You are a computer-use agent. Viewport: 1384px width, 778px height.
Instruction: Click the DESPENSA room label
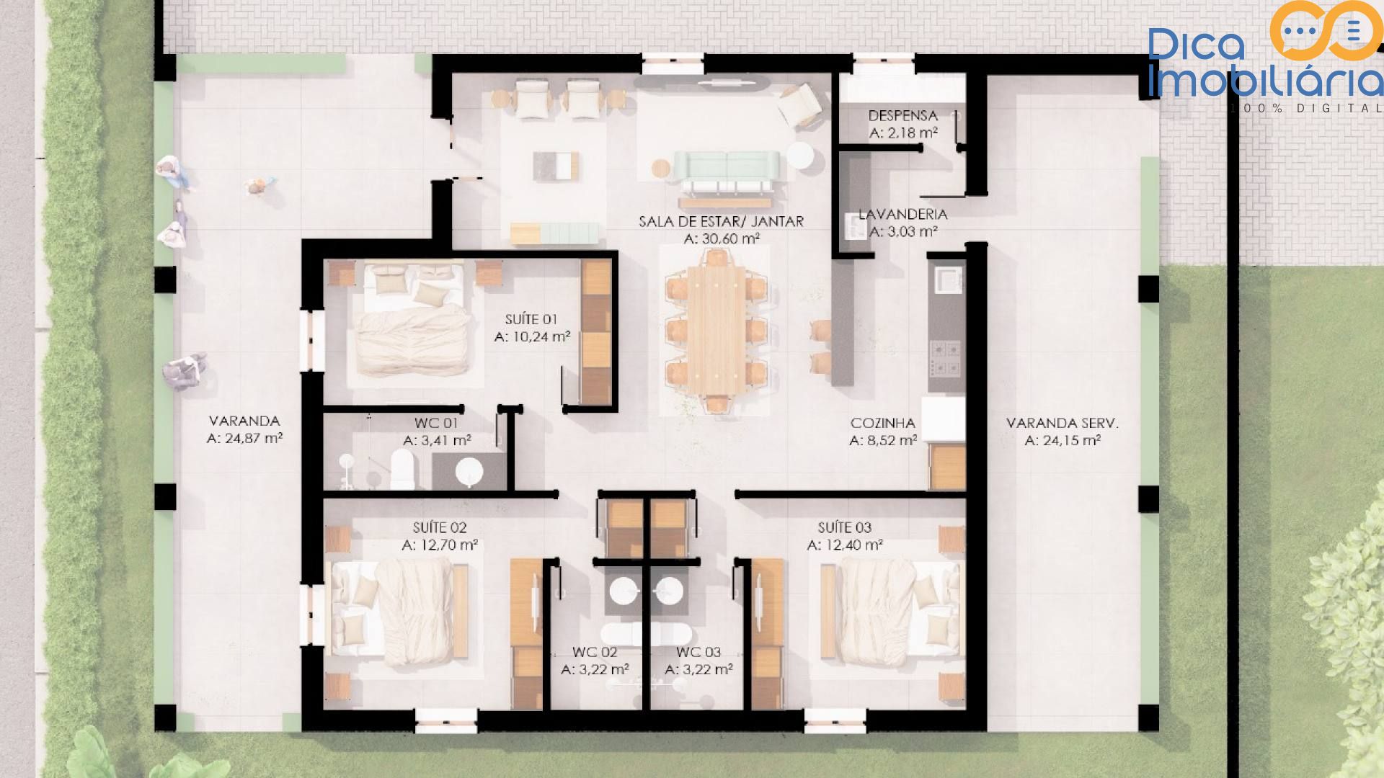click(902, 115)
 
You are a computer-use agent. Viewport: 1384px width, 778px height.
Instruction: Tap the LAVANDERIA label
click(902, 214)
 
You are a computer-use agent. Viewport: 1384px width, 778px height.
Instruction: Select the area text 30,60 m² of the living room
click(720, 239)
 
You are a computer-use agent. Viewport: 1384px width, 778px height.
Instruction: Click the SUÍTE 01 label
click(531, 319)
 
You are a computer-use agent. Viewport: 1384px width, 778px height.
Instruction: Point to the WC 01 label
click(436, 423)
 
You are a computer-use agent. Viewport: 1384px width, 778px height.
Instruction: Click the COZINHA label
click(883, 423)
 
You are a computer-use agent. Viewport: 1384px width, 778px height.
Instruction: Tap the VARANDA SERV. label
click(1063, 423)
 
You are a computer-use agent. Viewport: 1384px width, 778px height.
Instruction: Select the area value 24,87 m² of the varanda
click(244, 438)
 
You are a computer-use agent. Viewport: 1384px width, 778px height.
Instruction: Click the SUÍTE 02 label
click(440, 527)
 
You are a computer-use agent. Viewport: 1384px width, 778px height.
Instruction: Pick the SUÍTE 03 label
click(845, 527)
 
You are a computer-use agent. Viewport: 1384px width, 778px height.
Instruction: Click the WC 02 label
click(595, 652)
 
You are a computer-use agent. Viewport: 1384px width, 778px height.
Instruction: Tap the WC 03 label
click(698, 652)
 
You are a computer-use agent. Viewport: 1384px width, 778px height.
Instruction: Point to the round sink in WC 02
click(623, 591)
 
